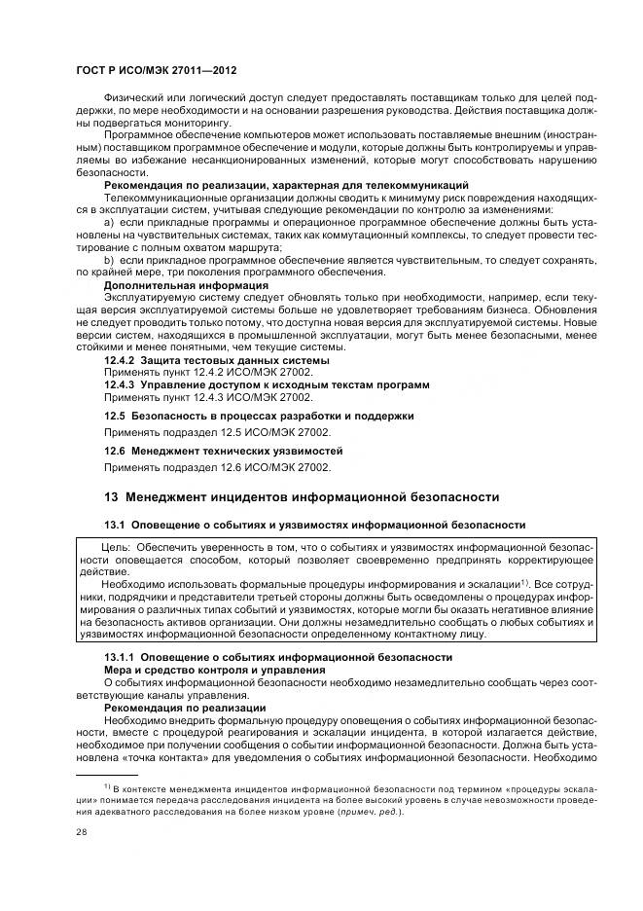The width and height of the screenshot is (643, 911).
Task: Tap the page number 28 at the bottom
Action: pyautogui.click(x=81, y=833)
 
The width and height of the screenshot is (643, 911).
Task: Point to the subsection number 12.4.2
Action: pyautogui.click(x=120, y=360)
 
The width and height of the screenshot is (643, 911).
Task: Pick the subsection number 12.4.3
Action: pyautogui.click(x=120, y=385)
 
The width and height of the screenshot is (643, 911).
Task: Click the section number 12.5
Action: pyautogui.click(x=115, y=416)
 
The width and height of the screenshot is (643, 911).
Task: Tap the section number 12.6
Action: pyautogui.click(x=115, y=452)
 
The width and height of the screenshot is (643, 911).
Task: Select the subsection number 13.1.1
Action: pyautogui.click(x=122, y=657)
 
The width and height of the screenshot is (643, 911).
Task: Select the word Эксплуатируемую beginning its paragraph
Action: pyautogui.click(x=148, y=299)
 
